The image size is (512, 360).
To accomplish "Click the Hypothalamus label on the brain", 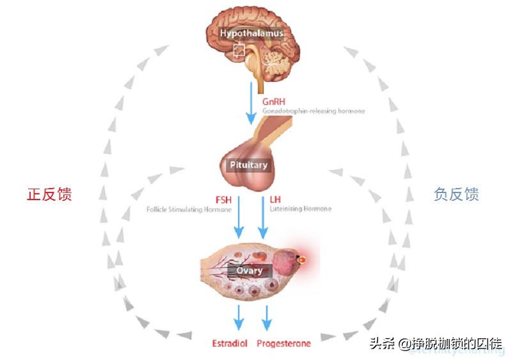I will click(252, 33).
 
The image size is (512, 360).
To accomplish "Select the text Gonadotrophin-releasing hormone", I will click(314, 111).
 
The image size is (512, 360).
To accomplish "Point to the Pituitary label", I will click(248, 165).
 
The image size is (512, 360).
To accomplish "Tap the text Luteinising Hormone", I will click(301, 209).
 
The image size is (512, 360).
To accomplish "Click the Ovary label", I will click(250, 270).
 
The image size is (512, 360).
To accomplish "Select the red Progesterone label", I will click(284, 343).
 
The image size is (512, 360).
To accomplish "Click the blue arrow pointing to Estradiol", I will click(239, 316).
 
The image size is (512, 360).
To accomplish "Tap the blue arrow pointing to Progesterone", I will click(267, 316).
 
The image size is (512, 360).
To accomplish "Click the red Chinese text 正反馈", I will click(49, 194).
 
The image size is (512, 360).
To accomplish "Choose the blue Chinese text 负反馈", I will click(456, 194).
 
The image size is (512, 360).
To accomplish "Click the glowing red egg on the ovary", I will click(301, 260).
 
